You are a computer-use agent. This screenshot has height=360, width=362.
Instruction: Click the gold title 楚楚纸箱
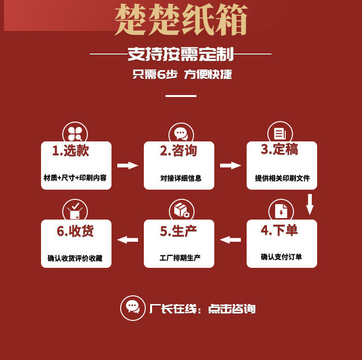181,21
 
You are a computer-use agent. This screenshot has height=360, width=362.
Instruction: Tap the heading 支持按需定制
181,54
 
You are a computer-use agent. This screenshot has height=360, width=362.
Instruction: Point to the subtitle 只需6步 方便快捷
182,74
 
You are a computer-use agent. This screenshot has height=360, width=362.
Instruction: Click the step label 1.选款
70,151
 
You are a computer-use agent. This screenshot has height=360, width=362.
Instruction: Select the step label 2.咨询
179,151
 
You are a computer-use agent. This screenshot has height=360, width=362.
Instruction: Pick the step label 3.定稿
279,150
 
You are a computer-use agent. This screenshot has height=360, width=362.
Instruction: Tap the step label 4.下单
279,230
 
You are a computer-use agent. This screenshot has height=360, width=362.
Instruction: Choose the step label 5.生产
179,231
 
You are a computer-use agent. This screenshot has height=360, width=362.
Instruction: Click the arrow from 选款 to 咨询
127,166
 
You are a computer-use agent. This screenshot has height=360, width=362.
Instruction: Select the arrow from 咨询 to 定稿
230,166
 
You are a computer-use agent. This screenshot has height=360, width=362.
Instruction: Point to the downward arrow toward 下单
310,204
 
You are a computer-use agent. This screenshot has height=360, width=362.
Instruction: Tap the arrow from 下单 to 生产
230,239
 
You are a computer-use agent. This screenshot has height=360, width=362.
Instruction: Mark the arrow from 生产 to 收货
128,239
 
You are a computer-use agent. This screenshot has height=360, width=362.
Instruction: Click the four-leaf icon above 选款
75,134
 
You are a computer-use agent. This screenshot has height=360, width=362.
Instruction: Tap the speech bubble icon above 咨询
181,134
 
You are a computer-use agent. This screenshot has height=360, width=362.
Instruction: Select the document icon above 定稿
280,134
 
